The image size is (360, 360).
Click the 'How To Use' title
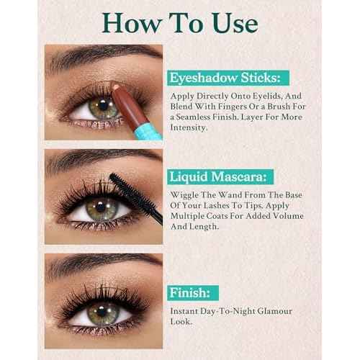tap(179, 22)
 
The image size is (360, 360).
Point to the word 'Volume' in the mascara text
tap(289, 215)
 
